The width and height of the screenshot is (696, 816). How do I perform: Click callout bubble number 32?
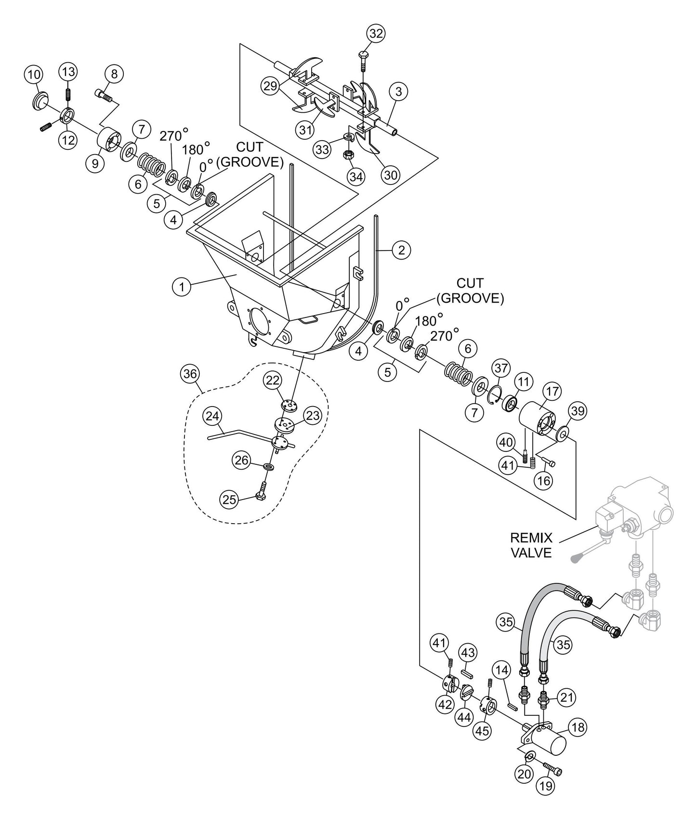tap(376, 34)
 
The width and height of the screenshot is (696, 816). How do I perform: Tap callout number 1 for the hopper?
tap(182, 288)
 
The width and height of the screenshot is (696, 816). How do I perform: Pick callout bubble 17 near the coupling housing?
tap(552, 391)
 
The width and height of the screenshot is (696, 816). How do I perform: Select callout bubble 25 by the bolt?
tap(229, 500)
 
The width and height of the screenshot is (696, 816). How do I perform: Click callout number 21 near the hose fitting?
tap(567, 696)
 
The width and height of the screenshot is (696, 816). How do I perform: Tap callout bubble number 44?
tap(464, 717)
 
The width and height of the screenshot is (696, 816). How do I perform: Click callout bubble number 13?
tap(68, 72)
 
